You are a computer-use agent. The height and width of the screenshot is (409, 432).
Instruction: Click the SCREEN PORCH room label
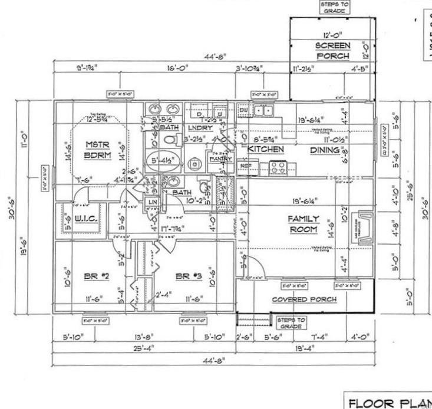[333, 51]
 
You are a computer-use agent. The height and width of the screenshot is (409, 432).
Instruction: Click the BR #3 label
[190, 275]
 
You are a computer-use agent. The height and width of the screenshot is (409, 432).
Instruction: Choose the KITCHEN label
[266, 150]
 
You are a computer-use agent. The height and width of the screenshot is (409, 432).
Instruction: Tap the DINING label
[325, 150]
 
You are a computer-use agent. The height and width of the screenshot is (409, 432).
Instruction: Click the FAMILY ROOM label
[303, 224]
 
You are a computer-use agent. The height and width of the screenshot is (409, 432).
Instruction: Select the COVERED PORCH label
[304, 299]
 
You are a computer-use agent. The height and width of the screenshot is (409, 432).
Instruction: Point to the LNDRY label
[200, 127]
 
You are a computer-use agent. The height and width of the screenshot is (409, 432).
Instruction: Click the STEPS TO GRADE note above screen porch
[334, 7]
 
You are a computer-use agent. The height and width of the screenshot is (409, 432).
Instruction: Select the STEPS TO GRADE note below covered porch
[292, 322]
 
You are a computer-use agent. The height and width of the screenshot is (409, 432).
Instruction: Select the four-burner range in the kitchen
[277, 168]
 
